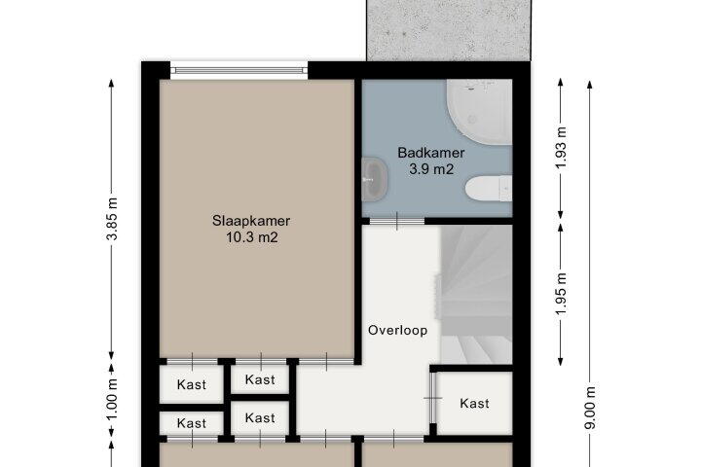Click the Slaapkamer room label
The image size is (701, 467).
(251, 221)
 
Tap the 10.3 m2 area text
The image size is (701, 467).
(252, 237)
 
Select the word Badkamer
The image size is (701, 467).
(431, 153)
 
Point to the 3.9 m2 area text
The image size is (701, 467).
(431, 169)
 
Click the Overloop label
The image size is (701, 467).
(397, 330)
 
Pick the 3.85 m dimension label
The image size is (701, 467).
(112, 219)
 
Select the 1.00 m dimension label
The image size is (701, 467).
(112, 400)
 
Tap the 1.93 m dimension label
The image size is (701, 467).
(561, 148)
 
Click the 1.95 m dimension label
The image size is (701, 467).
(561, 294)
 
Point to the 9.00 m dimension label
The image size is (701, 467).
(590, 407)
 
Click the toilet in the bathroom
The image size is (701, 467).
(489, 188)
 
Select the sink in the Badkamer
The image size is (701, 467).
(375, 179)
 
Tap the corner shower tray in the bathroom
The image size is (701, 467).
(479, 112)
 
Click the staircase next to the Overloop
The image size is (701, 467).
(476, 295)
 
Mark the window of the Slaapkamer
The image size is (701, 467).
(240, 71)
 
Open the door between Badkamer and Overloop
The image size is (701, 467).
(397, 221)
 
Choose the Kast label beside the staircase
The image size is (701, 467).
(474, 404)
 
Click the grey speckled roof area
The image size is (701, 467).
(449, 30)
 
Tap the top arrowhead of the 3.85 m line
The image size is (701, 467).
(112, 83)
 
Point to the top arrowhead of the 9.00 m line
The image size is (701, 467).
(590, 85)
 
